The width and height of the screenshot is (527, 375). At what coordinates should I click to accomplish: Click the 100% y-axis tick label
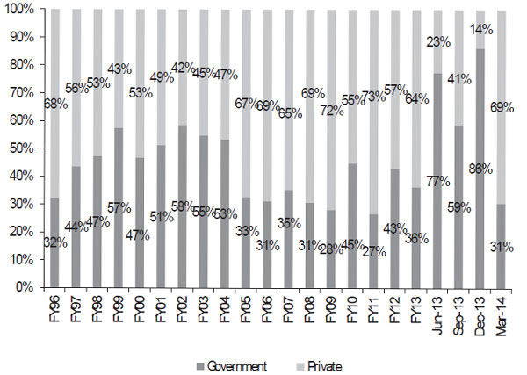coord(17,9)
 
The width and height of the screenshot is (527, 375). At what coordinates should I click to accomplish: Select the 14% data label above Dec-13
coord(480,28)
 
